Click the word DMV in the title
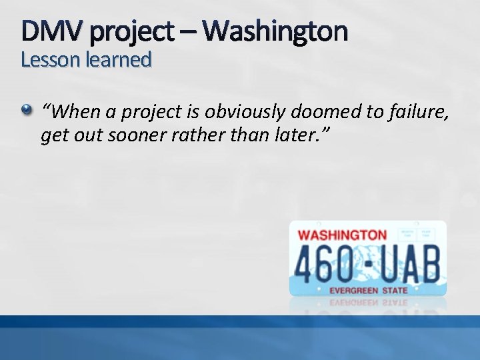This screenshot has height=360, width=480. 49,31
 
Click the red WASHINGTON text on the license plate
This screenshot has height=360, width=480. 343,235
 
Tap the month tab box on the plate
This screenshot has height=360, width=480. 407,234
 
